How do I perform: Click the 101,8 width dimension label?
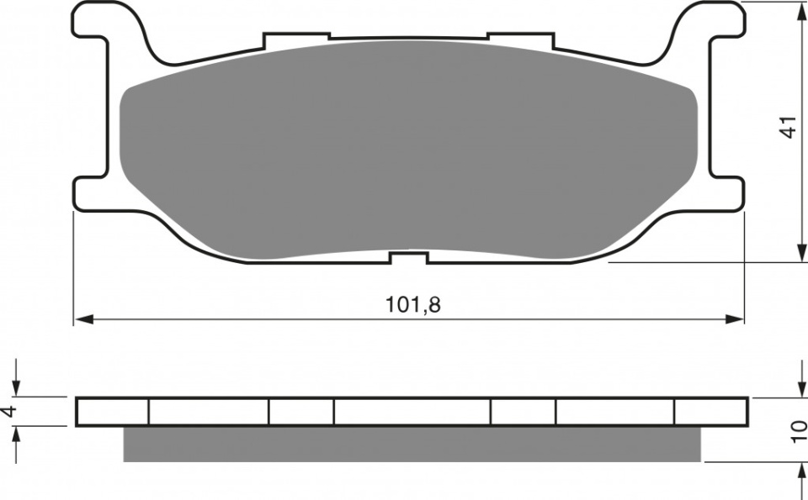coord(413,304)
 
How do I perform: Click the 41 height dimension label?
coord(789,127)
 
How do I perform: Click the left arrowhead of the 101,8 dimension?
coord(84,319)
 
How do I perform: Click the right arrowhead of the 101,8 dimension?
coord(734,319)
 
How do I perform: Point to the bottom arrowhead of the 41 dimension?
coord(801,253)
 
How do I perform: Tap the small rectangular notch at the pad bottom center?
coord(409,257)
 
